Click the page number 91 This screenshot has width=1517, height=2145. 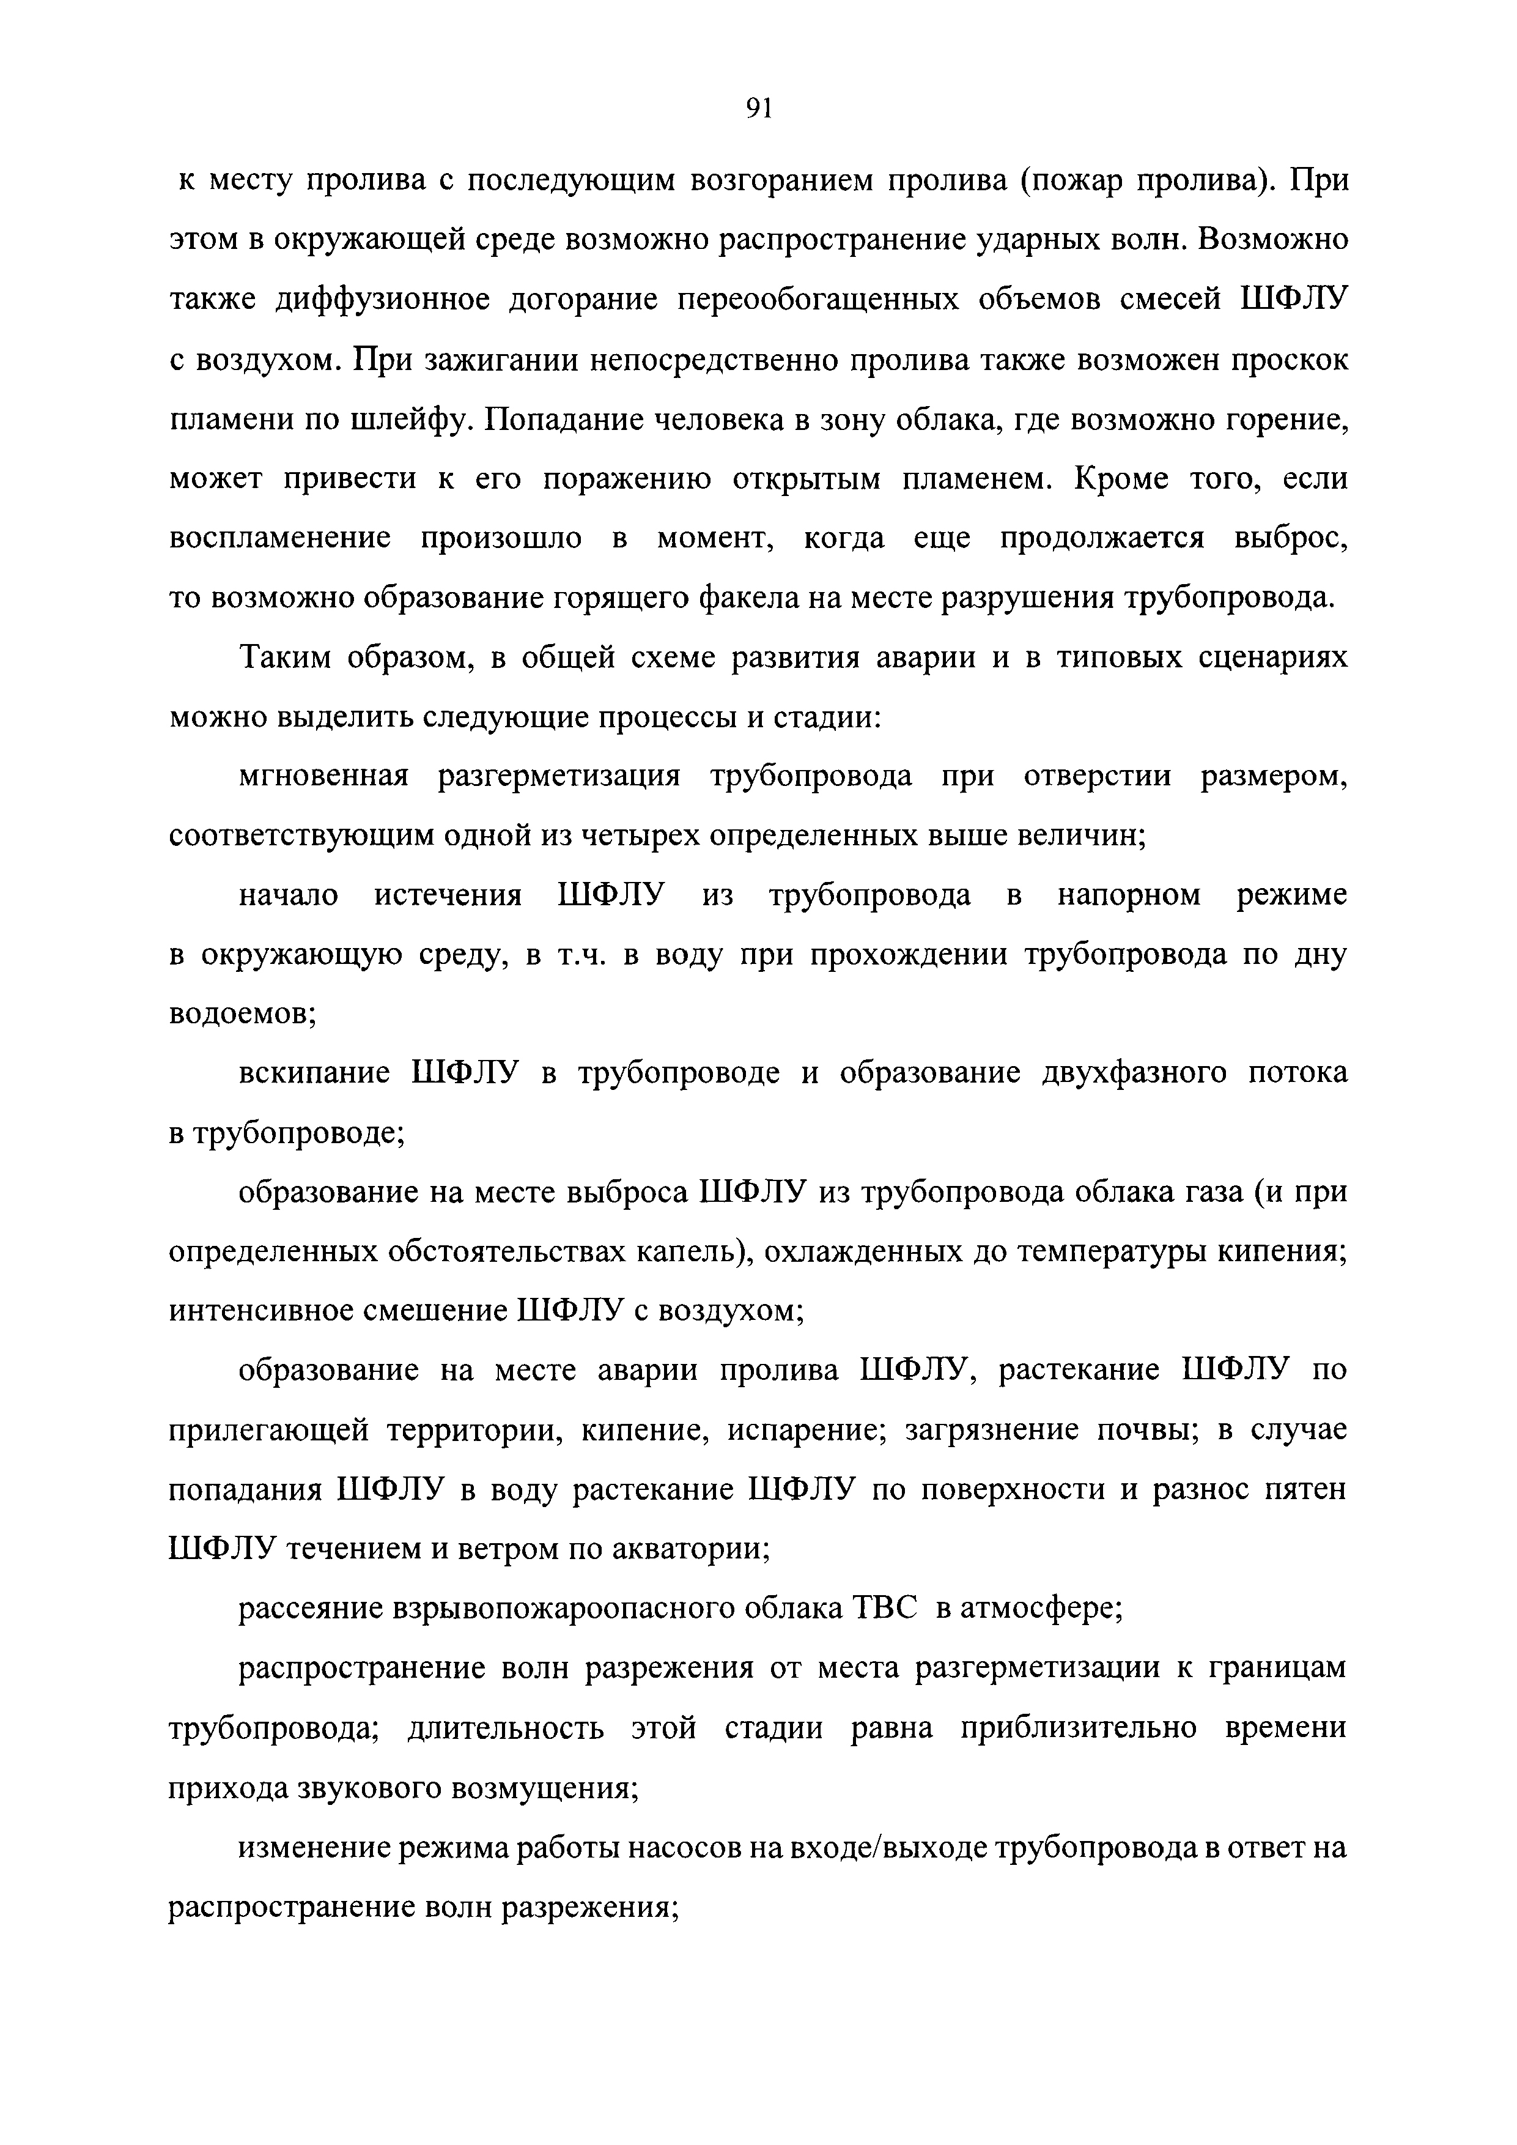click(758, 109)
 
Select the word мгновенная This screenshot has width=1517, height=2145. click(324, 776)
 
